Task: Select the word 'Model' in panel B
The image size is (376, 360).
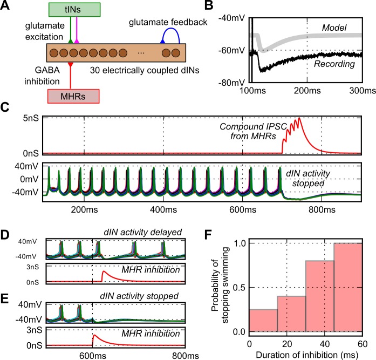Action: [333, 26]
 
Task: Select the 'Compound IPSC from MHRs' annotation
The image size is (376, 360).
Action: [255, 132]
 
